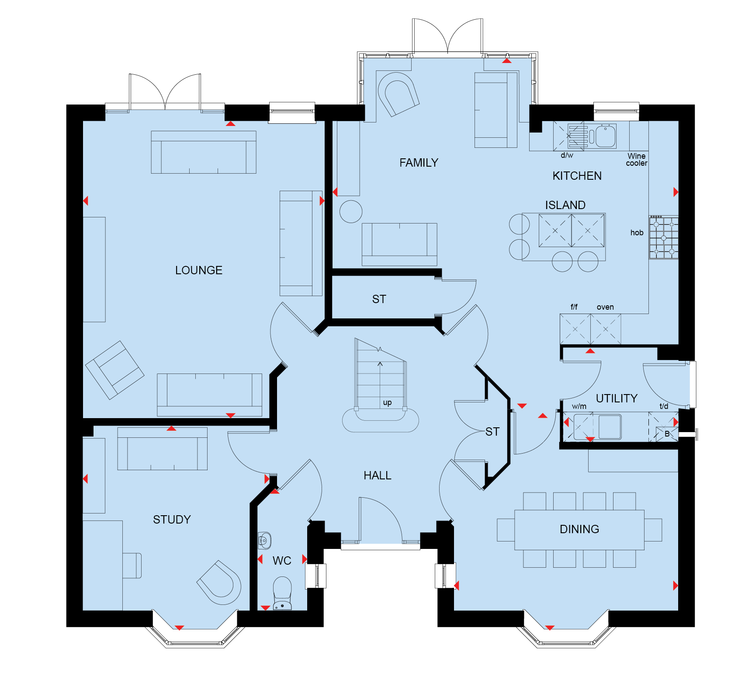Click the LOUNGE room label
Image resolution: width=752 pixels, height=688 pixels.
tap(199, 270)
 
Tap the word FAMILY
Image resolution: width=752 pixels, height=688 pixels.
tap(419, 163)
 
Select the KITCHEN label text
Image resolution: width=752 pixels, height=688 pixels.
tap(577, 176)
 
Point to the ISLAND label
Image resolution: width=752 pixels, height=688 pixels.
tap(565, 205)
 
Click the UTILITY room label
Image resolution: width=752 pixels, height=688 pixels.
tap(617, 398)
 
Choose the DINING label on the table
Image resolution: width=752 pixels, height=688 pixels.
tap(579, 529)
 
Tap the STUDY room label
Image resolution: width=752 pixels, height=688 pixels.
tap(172, 520)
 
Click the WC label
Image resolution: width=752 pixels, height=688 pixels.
tap(282, 561)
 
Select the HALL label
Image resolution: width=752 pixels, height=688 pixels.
tap(378, 475)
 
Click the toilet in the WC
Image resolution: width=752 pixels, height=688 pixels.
tap(282, 593)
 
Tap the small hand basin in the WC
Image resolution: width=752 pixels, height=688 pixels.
tap(264, 541)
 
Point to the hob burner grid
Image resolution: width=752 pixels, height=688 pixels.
tap(664, 237)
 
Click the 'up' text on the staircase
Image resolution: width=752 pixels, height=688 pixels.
tap(387, 403)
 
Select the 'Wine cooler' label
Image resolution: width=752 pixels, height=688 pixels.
tap(637, 160)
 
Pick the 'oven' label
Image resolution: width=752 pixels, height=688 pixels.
tap(605, 307)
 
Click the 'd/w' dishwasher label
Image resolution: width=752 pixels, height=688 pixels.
tap(567, 155)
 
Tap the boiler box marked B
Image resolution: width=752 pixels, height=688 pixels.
tap(667, 434)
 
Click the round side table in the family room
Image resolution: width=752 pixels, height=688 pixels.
tap(351, 212)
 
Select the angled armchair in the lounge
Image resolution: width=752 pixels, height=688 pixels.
tap(114, 370)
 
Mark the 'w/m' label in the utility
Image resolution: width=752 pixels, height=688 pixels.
tap(579, 406)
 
